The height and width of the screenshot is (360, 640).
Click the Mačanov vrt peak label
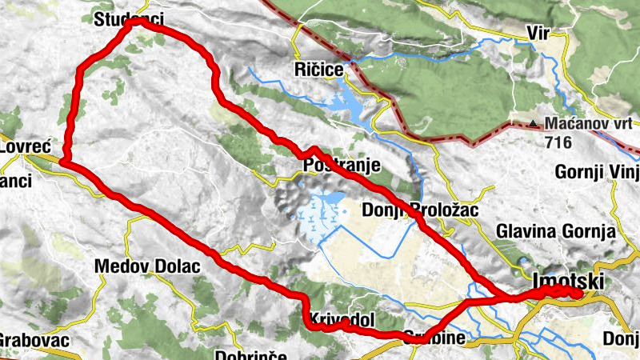coord(590,124)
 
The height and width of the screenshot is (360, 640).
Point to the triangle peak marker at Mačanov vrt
coord(534,124)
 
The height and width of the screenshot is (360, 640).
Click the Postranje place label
coord(341,166)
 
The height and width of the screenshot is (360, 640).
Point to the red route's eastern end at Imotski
coord(578,294)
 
